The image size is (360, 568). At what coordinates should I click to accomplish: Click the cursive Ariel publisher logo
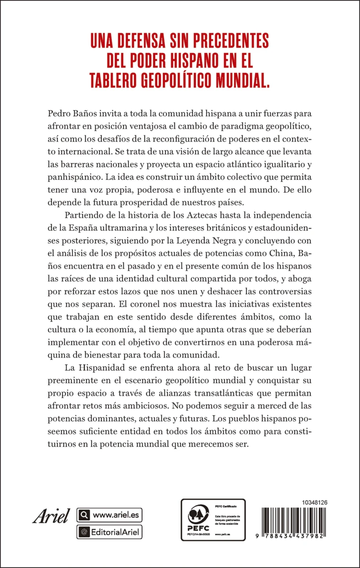51,515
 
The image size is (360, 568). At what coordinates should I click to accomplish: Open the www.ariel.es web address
116,515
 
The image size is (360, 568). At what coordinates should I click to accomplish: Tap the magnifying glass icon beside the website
84,515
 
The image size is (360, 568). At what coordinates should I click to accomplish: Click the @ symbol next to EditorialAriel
84,532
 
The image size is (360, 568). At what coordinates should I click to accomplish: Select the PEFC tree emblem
198,513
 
